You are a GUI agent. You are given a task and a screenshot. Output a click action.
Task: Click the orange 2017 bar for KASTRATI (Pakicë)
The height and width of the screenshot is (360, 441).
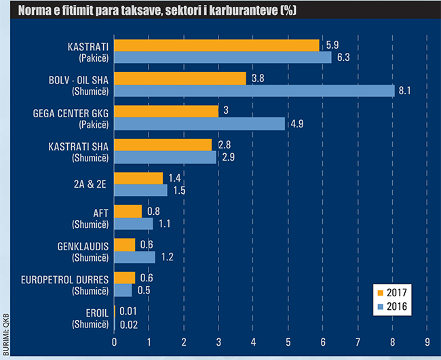pos(216,45)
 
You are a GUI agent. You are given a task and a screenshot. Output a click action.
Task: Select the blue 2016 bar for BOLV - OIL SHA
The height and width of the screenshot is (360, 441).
pos(254,91)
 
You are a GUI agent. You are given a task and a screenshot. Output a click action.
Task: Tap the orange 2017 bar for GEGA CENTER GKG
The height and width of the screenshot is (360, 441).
pos(166,111)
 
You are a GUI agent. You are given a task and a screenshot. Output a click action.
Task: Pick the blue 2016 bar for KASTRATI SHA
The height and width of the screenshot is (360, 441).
pos(165,157)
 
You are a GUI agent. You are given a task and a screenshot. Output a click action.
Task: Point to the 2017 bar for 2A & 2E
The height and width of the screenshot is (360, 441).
pos(138,178)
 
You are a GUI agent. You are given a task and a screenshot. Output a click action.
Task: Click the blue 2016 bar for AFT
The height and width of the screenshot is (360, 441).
pos(134,223)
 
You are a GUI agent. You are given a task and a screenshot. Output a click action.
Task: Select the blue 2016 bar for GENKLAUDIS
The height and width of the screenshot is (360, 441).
pos(134,256)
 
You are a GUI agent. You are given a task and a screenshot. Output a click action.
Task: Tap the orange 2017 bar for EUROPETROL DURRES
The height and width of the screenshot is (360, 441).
pos(125,277)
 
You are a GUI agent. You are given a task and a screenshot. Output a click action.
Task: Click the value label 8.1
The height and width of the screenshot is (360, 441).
pos(404,91)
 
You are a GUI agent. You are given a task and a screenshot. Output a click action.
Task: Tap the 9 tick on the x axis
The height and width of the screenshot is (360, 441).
pos(427,341)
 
